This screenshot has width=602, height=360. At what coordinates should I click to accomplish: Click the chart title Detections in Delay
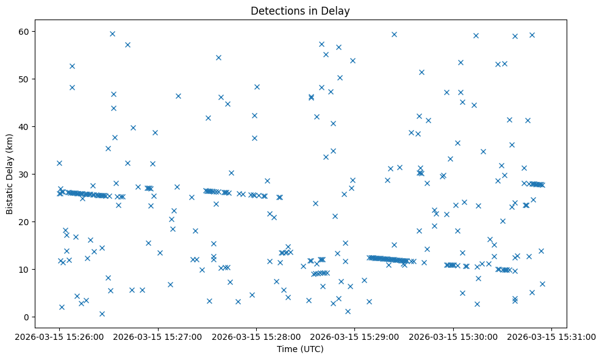(x=301, y=10)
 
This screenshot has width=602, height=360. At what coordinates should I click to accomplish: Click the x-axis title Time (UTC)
(x=301, y=349)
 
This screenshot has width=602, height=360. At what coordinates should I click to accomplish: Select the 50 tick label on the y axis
(x=26, y=79)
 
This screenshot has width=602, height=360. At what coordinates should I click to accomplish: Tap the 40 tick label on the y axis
(x=26, y=127)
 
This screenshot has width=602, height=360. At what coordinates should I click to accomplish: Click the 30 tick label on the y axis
(x=26, y=175)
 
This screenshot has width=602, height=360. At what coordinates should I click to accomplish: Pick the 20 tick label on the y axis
(x=26, y=222)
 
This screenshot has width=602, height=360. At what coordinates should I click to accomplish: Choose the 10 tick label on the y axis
(x=26, y=270)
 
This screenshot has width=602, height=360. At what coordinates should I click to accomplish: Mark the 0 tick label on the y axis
(x=29, y=317)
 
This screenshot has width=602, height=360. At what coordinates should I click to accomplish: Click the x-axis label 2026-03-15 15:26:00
(x=59, y=336)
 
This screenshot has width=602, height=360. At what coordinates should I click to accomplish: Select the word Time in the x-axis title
(x=287, y=349)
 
